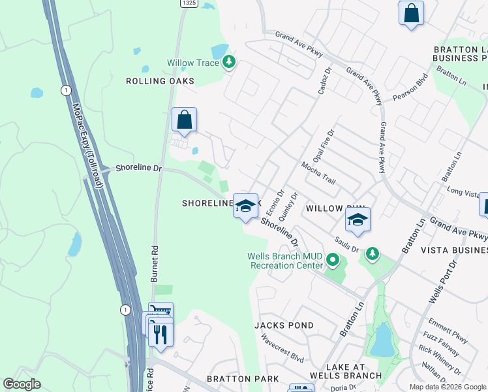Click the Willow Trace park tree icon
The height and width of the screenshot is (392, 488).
click(x=228, y=62)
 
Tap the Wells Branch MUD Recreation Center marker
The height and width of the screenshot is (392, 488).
click(x=333, y=261)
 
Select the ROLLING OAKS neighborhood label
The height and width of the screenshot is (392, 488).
click(x=160, y=81)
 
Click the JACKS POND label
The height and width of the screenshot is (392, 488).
click(x=284, y=325)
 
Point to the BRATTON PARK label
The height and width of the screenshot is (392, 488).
click(x=243, y=379)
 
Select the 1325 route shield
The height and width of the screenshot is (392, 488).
click(x=189, y=3)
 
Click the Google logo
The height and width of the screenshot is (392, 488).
click(x=22, y=384)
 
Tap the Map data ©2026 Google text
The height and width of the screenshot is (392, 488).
click(x=447, y=387)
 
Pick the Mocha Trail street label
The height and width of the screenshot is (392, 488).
click(x=318, y=171)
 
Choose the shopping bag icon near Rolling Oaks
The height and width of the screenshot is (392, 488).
click(x=185, y=120)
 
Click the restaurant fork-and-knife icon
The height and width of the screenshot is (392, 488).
click(x=160, y=334)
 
